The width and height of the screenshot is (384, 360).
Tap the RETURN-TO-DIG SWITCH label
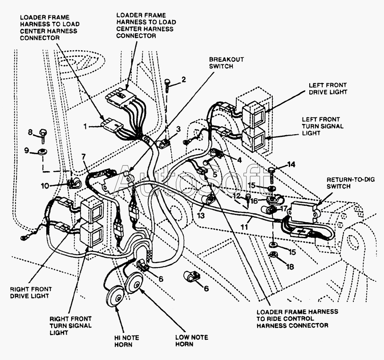(x=351, y=183)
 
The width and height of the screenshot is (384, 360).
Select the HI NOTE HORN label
(x=127, y=341)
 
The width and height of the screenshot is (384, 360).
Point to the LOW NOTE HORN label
(x=192, y=341)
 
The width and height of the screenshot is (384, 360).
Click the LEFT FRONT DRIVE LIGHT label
(x=328, y=88)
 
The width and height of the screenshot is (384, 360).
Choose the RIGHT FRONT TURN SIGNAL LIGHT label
(x=71, y=326)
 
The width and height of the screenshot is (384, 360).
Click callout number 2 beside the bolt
(x=183, y=79)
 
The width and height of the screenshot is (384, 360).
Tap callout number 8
(x=30, y=132)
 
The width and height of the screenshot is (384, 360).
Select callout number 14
(x=291, y=164)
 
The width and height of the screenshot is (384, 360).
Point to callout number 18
(x=290, y=266)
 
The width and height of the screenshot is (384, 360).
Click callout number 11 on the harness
(x=244, y=227)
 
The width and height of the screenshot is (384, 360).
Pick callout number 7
(x=84, y=156)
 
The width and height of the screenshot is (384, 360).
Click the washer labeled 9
(x=42, y=152)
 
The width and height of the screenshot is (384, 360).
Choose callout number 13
(x=201, y=216)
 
